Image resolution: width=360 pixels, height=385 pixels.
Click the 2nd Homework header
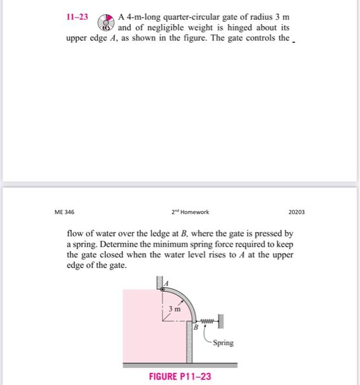190,211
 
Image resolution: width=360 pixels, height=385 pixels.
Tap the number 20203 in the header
296,211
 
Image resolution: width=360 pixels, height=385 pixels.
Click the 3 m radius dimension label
175,310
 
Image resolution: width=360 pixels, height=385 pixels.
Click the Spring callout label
223,343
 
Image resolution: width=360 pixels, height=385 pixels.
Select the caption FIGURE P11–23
180,376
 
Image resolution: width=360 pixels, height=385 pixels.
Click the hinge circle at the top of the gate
163,288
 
